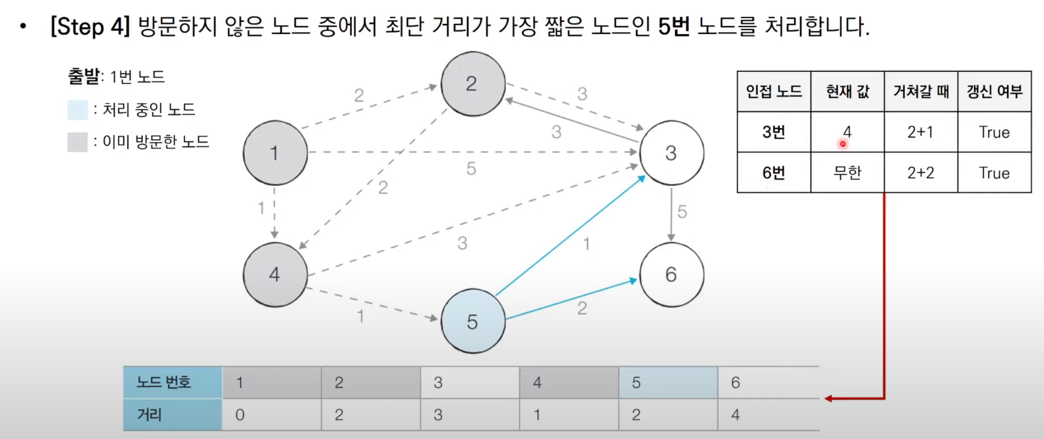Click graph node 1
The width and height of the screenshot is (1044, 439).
point(275,153)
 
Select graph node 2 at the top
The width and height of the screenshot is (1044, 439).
point(473,84)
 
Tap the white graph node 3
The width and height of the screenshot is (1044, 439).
point(671,153)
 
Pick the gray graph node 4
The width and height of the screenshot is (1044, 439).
point(275,274)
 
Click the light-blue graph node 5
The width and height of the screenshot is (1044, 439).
point(473,321)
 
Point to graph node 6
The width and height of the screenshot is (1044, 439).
point(671,274)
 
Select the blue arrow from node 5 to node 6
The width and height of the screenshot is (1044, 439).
point(571,299)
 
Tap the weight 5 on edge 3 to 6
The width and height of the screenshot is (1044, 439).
point(682,212)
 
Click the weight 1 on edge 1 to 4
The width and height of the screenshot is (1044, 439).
point(261,208)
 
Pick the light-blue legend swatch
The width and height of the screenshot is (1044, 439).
point(77,110)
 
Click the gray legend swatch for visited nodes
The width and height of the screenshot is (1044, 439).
point(77,142)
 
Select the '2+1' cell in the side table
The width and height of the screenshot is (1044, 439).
point(921,133)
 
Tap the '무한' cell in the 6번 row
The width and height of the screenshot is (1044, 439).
point(847,173)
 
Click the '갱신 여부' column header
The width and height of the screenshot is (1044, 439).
point(994,92)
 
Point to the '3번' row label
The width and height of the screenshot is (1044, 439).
point(773,133)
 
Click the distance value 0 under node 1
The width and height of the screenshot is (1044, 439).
point(240,415)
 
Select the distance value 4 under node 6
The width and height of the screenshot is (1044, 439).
point(736,415)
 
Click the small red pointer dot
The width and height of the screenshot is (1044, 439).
point(843,144)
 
